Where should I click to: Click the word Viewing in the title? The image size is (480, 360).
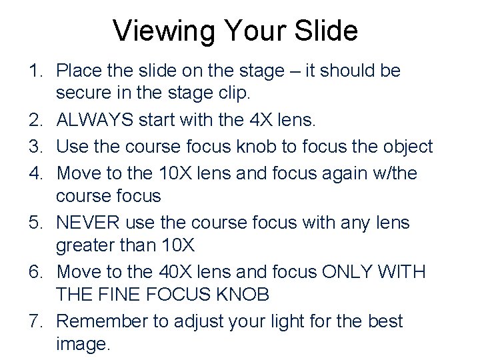pyautogui.click(x=163, y=31)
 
